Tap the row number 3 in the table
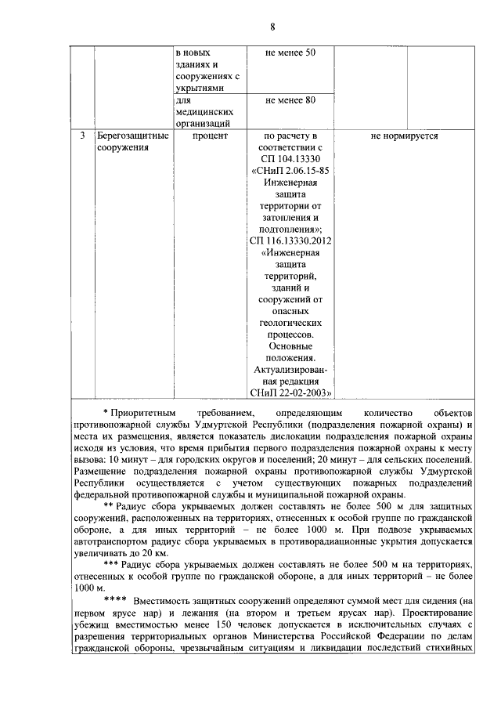click(82, 136)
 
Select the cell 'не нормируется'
click(404, 136)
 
